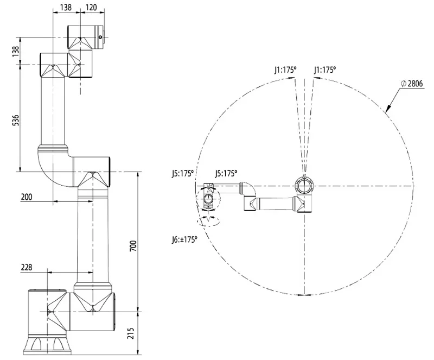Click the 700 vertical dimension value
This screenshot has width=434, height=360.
pos(132,245)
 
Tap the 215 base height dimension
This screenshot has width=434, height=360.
pos(132,332)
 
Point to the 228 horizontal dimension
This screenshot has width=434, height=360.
pos(26,267)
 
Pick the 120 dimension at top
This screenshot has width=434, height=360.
pos(91,8)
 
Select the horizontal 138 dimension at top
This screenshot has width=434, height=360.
pos(66,8)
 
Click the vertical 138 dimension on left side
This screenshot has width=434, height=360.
pos(16,50)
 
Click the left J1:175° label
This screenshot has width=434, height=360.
pos(285,70)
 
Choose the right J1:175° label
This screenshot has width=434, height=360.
pos(324,70)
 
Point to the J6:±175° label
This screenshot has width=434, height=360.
pos(183,238)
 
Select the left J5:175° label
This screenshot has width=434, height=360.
pos(182,174)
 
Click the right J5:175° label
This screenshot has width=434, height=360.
pos(226,174)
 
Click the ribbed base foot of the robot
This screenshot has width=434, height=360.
pos(48,343)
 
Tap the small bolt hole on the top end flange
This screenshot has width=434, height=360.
pos(101,37)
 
